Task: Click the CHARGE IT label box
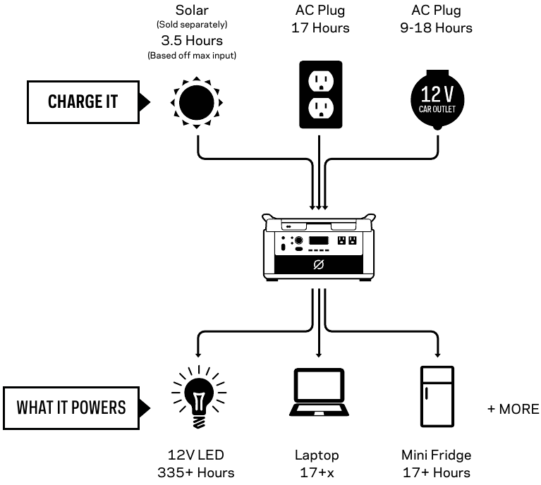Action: (82, 102)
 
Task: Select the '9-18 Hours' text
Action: (442, 28)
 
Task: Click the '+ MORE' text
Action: (513, 410)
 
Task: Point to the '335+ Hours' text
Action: (195, 472)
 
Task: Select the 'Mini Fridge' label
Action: (436, 455)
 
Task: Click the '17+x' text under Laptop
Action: (317, 472)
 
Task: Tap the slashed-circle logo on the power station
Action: (320, 266)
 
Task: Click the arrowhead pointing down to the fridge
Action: (438, 352)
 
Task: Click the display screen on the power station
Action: (320, 240)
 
